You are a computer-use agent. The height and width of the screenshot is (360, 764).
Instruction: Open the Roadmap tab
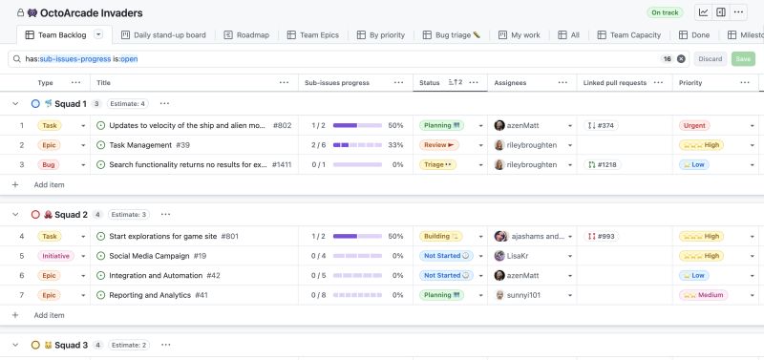pos(246,35)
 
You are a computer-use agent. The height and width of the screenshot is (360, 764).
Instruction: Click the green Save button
pos(741,58)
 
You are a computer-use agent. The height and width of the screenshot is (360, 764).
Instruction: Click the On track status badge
pos(665,12)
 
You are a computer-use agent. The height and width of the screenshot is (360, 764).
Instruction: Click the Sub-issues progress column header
pos(338,83)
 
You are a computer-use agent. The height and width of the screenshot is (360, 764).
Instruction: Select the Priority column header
pos(690,83)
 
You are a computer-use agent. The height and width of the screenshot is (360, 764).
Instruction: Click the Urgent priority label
pos(694,125)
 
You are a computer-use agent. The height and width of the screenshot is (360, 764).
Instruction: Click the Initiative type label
pos(56,256)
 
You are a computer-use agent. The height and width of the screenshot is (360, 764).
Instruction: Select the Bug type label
pos(48,164)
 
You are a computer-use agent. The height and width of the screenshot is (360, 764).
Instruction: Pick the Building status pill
pos(441,236)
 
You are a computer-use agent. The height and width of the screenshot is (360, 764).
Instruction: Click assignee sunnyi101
pos(522,295)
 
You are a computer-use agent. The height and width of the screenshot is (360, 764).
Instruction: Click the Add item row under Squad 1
pos(49,184)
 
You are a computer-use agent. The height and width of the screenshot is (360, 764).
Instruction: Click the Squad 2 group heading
pos(73,215)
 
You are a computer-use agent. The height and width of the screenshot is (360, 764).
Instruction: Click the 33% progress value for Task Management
pos(395,145)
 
